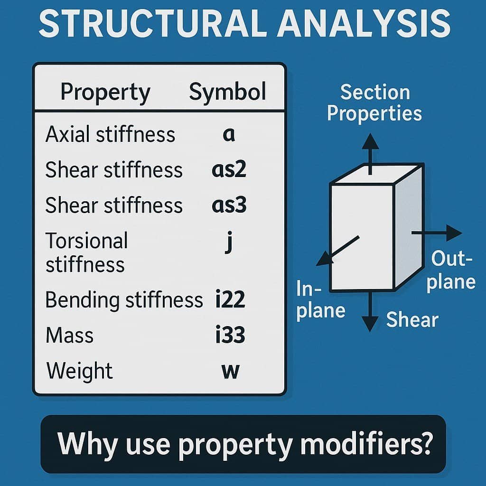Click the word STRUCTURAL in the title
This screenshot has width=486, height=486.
(x=152, y=24)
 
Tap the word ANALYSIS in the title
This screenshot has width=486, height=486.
(x=364, y=24)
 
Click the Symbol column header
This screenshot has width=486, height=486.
(x=227, y=92)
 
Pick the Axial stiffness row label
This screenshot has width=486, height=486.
(x=110, y=134)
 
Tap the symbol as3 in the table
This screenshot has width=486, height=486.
(x=229, y=205)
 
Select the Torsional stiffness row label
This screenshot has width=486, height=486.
(x=86, y=252)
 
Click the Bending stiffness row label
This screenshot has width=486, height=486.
(x=124, y=300)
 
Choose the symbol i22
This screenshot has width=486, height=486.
(x=230, y=299)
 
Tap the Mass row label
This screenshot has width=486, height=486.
(x=69, y=335)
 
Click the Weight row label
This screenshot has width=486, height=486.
(x=79, y=371)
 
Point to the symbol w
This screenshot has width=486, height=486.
(x=231, y=371)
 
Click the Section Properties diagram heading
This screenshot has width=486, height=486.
(x=374, y=103)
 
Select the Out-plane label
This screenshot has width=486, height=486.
(x=451, y=270)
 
